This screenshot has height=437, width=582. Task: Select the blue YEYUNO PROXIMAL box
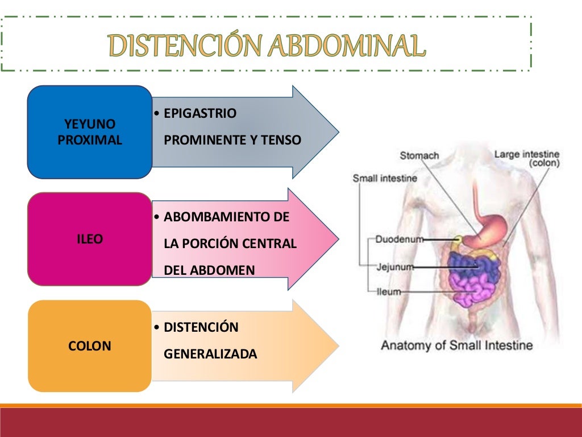(90, 132)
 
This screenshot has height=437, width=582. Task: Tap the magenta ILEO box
(90, 240)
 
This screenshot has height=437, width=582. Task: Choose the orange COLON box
(90, 346)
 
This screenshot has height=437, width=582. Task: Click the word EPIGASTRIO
(199, 113)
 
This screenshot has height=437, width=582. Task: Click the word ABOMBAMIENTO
(226, 217)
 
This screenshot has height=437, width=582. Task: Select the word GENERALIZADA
(210, 354)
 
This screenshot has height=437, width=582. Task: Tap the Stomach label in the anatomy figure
(419, 155)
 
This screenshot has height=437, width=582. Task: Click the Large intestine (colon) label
(527, 158)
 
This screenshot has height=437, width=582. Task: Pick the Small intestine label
(385, 178)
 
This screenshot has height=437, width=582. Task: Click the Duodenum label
(400, 240)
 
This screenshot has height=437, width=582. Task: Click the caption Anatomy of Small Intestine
(457, 345)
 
